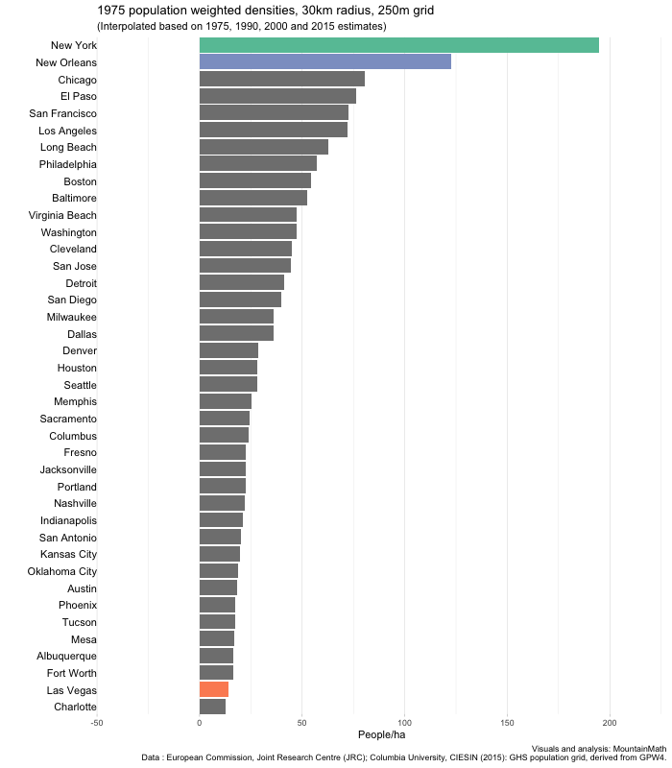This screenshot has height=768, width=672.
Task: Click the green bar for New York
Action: pos(398,45)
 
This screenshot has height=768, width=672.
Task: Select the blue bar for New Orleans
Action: pos(324,62)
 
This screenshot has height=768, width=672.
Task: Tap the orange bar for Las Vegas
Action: pos(213,689)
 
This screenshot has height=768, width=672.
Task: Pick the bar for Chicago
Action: pos(281,79)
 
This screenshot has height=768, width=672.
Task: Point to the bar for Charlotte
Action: pos(212,707)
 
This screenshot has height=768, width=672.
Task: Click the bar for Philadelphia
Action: pos(257,164)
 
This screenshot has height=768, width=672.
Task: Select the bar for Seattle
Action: pos(228,384)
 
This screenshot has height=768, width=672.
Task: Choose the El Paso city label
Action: pos(78,96)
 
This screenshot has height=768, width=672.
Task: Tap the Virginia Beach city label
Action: pos(62,215)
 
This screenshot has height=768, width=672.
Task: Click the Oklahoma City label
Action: pos(62,571)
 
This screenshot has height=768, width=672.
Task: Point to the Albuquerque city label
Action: pos(64,656)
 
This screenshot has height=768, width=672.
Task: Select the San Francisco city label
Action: pos(62,113)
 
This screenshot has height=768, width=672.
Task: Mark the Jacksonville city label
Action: pos(68,469)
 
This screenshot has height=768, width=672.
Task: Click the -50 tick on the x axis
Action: pos(97,723)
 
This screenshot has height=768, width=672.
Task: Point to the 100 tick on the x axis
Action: pos(404,723)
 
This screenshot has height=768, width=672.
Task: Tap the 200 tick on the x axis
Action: pos(609,723)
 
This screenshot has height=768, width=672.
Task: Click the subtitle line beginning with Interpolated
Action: pos(242,26)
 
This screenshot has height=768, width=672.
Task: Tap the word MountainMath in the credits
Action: pos(637,748)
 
